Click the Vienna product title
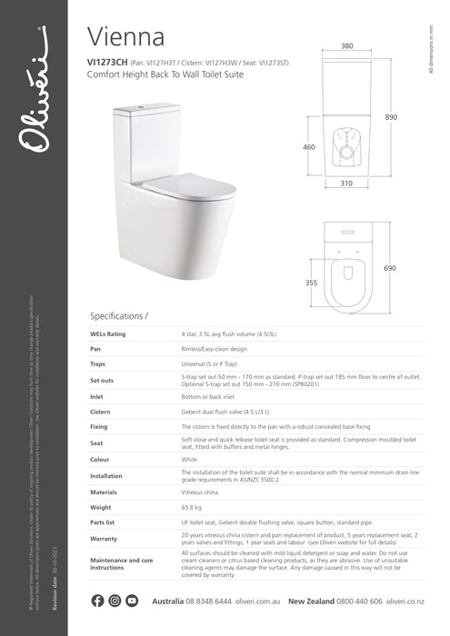pyautogui.click(x=126, y=36)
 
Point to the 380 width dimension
pyautogui.click(x=347, y=45)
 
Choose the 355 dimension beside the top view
pyautogui.click(x=312, y=283)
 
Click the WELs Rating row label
pyautogui.click(x=110, y=334)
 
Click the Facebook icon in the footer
pyautogui.click(x=98, y=601)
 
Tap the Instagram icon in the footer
pyautogui.click(x=115, y=601)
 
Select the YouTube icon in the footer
pyautogui.click(x=132, y=601)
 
